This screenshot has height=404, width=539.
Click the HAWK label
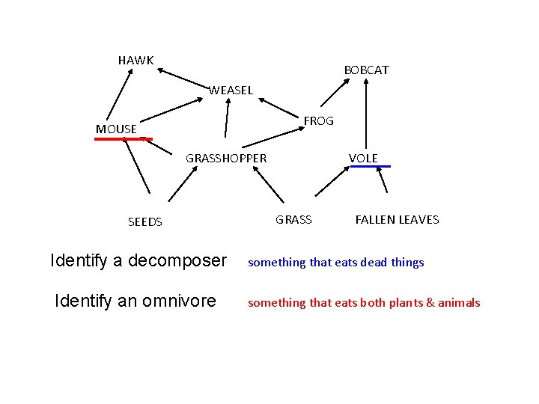click(x=135, y=60)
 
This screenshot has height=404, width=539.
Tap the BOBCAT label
click(x=366, y=70)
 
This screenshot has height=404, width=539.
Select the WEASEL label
click(x=231, y=91)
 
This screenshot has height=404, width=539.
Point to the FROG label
click(x=318, y=120)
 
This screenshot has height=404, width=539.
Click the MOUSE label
click(x=116, y=129)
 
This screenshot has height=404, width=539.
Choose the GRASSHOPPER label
click(x=225, y=158)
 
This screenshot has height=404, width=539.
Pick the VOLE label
click(x=363, y=158)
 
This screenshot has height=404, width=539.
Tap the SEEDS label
click(x=144, y=221)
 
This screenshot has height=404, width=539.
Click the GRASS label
click(x=293, y=219)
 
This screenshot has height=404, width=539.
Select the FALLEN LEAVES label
click(x=397, y=219)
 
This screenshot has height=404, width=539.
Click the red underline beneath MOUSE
click(x=123, y=138)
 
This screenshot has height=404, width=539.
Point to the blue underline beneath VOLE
click(x=371, y=166)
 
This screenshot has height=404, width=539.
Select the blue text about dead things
click(x=335, y=262)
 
